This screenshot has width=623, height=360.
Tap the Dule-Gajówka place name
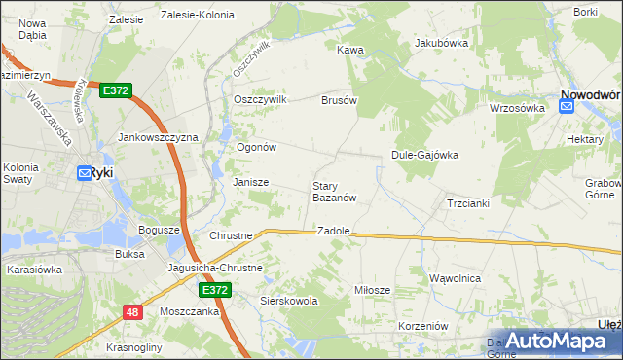click(x=424, y=154)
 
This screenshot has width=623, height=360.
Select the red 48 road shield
click(x=132, y=311)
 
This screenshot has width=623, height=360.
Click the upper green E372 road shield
click(x=115, y=90)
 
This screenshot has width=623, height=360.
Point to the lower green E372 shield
click(x=215, y=290)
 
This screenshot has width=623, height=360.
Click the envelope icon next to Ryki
click(x=84, y=173)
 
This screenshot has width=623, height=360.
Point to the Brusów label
click(x=340, y=100)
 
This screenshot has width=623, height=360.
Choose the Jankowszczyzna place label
click(x=158, y=138)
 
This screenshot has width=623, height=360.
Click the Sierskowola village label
click(x=289, y=302)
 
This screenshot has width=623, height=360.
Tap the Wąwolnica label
click(x=455, y=278)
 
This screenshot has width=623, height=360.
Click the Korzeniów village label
click(x=422, y=326)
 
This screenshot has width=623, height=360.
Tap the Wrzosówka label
click(x=517, y=108)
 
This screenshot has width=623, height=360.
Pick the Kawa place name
click(x=350, y=49)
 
